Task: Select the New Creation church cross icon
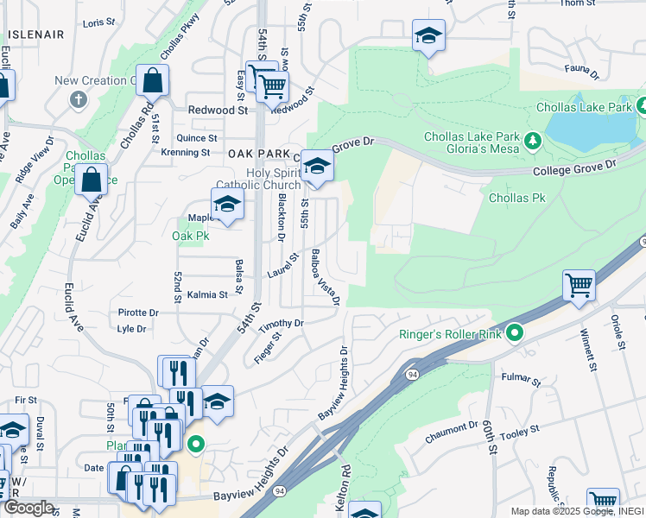point(78,98)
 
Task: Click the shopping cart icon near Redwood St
point(272,85)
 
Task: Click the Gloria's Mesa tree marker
point(534,138)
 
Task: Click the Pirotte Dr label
point(138,313)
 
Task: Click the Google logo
point(28,508)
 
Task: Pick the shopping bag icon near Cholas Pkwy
point(152,81)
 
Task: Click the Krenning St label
point(186,153)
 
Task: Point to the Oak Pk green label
point(191,235)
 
